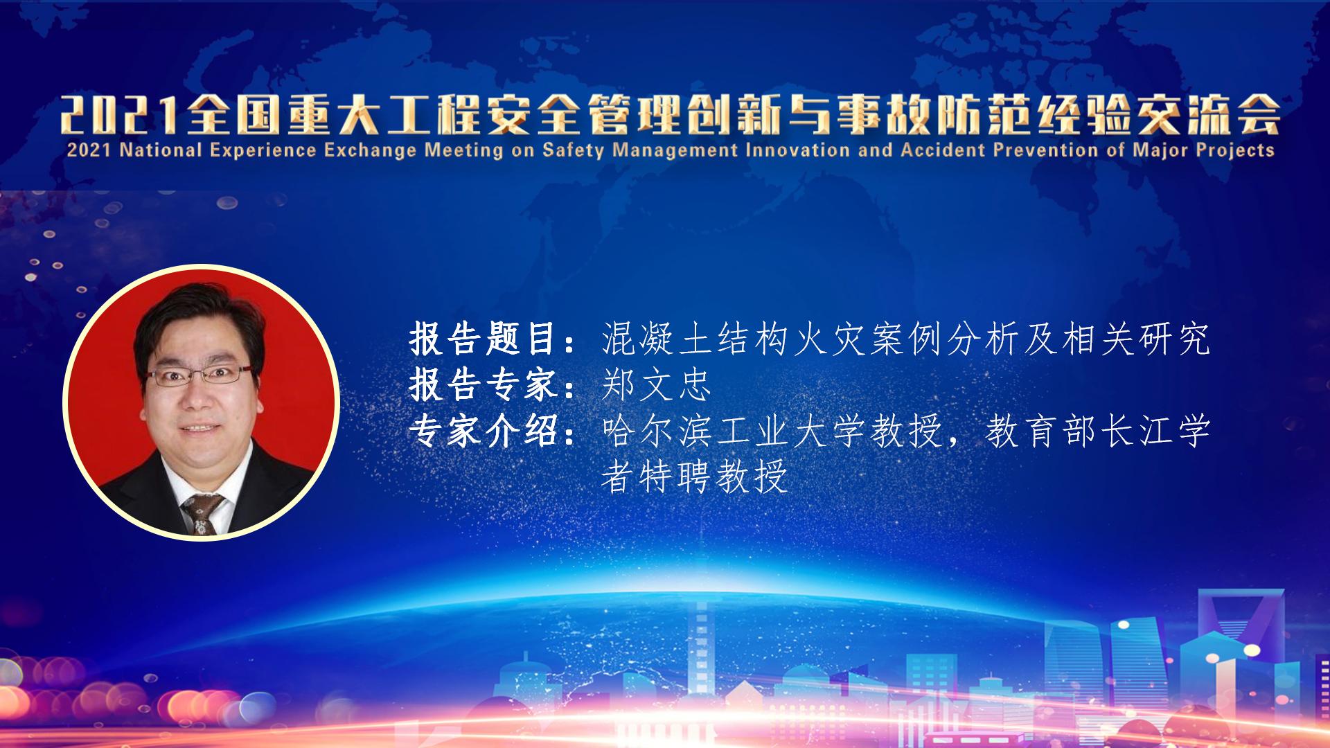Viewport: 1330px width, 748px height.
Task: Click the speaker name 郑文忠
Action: (x=657, y=385)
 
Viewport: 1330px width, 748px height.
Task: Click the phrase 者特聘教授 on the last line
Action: (x=695, y=477)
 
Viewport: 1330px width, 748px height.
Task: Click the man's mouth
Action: (x=200, y=428)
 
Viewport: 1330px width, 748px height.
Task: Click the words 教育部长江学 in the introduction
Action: (x=1099, y=431)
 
